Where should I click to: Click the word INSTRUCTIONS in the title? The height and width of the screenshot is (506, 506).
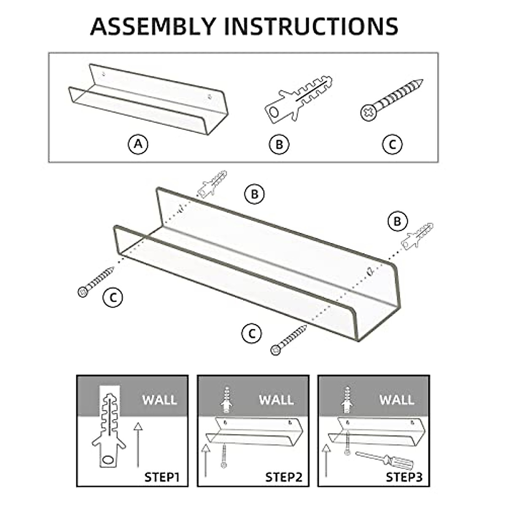click(311, 26)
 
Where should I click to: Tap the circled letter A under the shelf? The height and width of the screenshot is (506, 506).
click(138, 145)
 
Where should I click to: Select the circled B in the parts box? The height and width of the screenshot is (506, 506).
click(279, 145)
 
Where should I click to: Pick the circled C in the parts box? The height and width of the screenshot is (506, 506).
click(392, 145)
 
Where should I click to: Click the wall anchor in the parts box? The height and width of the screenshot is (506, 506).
click(297, 100)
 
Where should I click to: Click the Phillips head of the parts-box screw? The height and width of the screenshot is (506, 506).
click(368, 113)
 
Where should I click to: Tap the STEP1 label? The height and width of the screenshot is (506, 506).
click(162, 477)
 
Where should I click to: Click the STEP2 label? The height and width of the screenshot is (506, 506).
click(284, 477)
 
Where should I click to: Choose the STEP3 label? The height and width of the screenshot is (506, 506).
click(404, 477)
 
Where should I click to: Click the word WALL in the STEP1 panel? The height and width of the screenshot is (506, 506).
click(159, 400)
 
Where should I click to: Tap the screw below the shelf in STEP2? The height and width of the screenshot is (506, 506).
click(224, 456)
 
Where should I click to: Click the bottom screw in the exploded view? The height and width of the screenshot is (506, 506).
click(289, 339)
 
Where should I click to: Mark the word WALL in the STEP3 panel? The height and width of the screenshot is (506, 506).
click(397, 400)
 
